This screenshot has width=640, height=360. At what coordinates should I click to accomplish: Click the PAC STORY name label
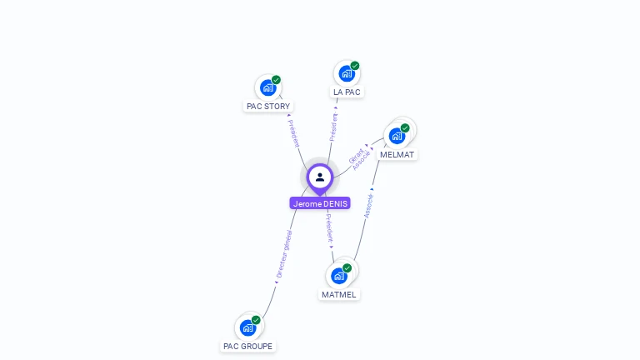point(268,106)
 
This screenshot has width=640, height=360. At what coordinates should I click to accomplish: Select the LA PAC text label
point(347,92)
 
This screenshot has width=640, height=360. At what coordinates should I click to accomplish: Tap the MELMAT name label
point(397,154)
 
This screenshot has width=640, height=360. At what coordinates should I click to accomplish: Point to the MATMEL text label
point(338,294)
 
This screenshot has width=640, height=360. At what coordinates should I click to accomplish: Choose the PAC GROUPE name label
point(247,346)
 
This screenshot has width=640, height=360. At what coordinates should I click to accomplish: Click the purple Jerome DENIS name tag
point(320,203)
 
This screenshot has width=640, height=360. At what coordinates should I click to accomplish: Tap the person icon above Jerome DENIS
point(320,177)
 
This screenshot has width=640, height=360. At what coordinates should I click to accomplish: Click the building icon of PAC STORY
point(267,87)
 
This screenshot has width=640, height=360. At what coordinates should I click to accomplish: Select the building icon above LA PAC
point(346,73)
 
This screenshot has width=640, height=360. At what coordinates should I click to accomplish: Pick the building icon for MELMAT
point(397,135)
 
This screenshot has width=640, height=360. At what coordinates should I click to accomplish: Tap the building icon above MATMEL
point(338,275)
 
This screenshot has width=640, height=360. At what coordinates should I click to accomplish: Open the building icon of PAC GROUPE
point(247,327)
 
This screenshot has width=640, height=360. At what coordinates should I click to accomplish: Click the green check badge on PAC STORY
point(276,80)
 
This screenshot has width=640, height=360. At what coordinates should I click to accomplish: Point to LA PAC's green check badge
point(355,66)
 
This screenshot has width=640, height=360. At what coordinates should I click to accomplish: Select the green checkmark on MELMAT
point(405,128)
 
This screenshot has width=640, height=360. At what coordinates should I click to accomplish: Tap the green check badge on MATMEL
point(347,268)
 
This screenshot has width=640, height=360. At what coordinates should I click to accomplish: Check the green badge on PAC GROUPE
point(256,320)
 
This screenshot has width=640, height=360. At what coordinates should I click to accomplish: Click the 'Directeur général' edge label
point(284,253)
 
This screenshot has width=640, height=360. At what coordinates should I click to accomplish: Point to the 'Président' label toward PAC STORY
point(293,133)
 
